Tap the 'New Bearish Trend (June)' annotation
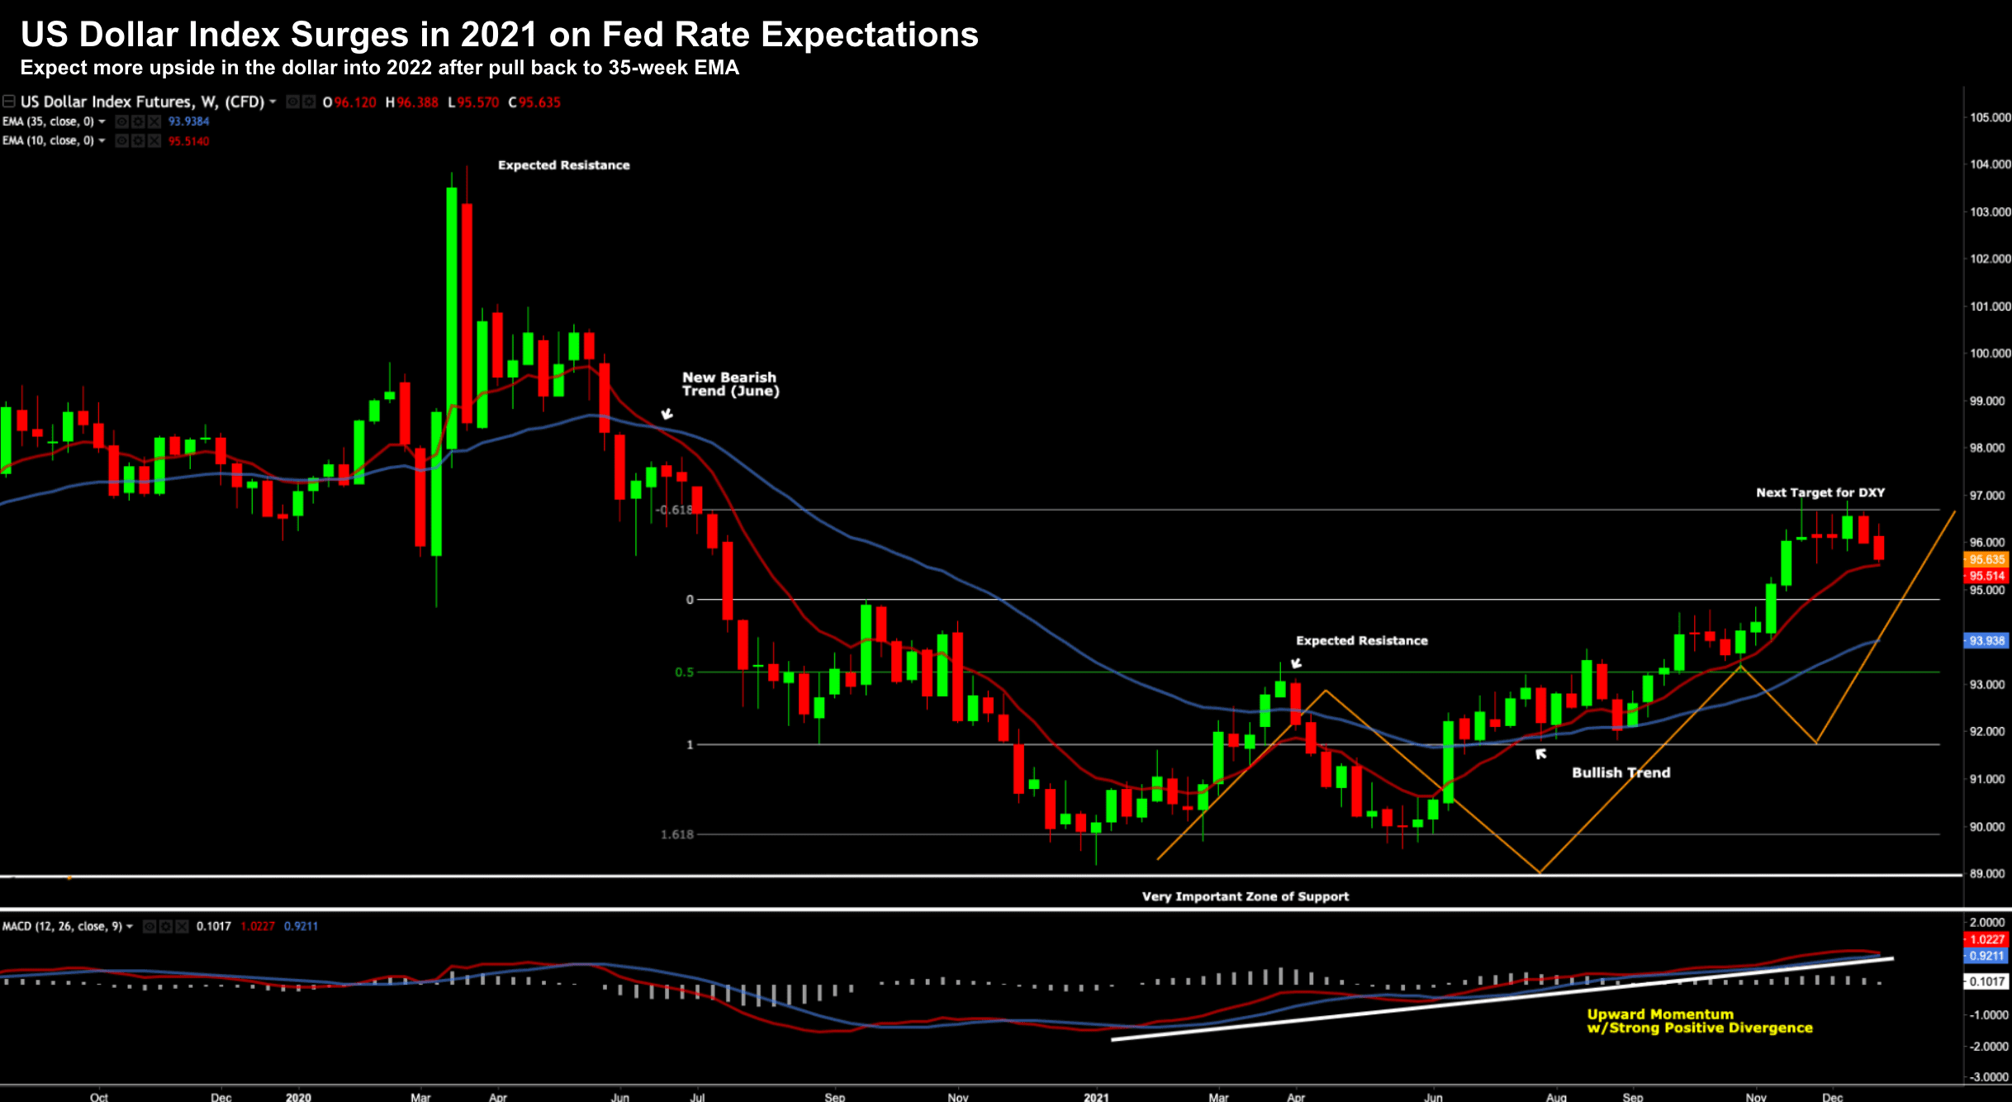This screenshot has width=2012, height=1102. pyautogui.click(x=729, y=384)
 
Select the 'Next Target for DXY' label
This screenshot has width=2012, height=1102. pyautogui.click(x=1820, y=492)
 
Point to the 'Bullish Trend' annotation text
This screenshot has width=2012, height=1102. pyautogui.click(x=1621, y=772)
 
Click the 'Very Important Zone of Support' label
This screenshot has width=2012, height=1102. pyautogui.click(x=1245, y=896)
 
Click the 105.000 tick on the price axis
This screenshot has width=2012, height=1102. pyautogui.click(x=1989, y=117)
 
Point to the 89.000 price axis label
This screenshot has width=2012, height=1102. pyautogui.click(x=1989, y=873)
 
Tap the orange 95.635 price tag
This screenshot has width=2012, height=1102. pyautogui.click(x=1986, y=559)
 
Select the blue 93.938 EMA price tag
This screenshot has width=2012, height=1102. pyautogui.click(x=1986, y=640)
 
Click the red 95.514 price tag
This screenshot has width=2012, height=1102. pyautogui.click(x=1986, y=576)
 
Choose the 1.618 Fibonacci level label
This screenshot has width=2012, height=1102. pyautogui.click(x=676, y=834)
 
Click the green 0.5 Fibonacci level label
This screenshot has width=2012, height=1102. pyautogui.click(x=684, y=672)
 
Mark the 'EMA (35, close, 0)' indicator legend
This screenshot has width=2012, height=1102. pyautogui.click(x=48, y=121)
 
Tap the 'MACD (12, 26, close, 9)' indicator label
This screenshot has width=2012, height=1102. pyautogui.click(x=62, y=926)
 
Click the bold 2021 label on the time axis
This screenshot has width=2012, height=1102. pyautogui.click(x=1096, y=1097)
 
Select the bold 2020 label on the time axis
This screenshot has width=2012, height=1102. pyautogui.click(x=298, y=1097)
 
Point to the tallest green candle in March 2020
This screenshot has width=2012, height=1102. pyautogui.click(x=452, y=318)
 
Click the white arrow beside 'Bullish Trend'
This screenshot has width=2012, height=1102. pyautogui.click(x=1540, y=753)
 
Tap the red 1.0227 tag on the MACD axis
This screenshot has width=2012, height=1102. pyautogui.click(x=1986, y=939)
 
